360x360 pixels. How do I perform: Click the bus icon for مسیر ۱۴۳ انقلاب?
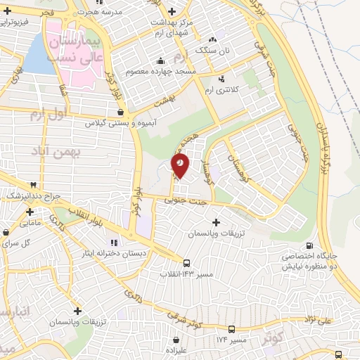[186, 263]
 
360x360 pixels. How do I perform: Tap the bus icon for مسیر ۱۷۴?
[232, 329]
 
